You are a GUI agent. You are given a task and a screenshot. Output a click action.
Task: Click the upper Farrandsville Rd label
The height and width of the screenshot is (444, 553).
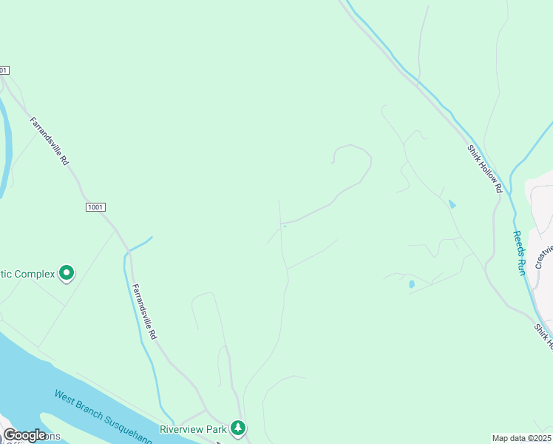click(50, 140)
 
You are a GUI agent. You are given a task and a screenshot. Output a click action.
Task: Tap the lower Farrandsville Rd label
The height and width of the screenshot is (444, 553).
click(144, 312)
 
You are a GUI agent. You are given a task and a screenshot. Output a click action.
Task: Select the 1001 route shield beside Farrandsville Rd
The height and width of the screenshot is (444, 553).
click(95, 207)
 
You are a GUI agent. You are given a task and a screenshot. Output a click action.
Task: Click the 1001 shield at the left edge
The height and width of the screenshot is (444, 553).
click(4, 70)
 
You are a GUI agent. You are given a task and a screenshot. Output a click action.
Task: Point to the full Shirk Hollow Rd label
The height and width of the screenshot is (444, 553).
click(485, 169)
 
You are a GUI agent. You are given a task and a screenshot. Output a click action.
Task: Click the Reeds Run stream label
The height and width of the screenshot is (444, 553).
click(520, 253)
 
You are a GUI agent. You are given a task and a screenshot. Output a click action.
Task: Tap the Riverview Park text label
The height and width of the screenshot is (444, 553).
click(193, 428)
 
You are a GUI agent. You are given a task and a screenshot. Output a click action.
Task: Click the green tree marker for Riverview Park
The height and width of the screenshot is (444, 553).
click(237, 428)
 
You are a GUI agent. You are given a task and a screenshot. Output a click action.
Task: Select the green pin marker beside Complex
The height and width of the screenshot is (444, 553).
click(67, 275)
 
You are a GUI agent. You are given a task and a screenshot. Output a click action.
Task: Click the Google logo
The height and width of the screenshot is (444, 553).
click(24, 435)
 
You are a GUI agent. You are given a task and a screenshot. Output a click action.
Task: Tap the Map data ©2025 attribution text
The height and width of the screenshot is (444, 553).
click(521, 438)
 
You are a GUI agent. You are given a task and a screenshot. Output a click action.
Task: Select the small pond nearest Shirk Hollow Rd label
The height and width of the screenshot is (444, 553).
click(452, 203)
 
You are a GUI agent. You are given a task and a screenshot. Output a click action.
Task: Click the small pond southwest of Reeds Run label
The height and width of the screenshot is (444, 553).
click(411, 283)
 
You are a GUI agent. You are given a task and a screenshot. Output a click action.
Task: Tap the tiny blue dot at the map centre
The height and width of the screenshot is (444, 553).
click(284, 226)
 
